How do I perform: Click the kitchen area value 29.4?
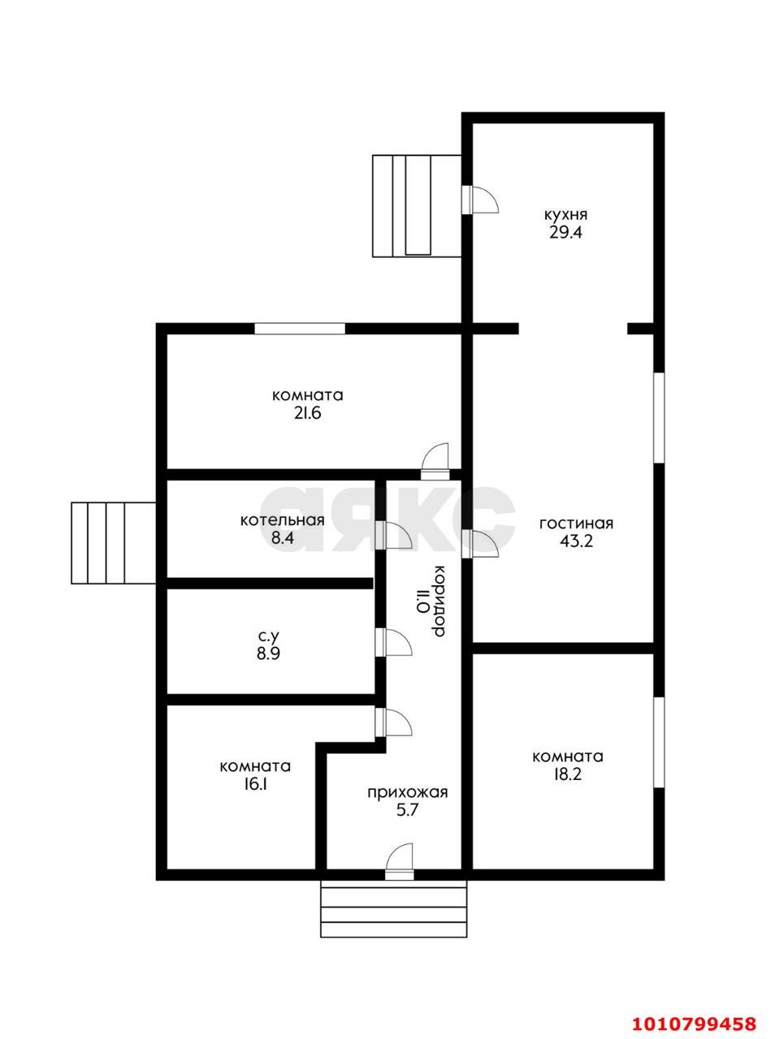[x=565, y=232]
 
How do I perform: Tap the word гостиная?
[x=576, y=524]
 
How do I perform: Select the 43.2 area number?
[x=576, y=541]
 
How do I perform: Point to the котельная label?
[x=283, y=520]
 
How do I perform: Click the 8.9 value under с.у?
[x=269, y=653]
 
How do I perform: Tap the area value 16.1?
[x=255, y=784]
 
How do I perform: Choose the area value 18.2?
[x=567, y=774]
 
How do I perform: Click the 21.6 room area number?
[x=307, y=413]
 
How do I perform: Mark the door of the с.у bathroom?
[x=393, y=642]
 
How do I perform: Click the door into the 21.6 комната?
[x=435, y=461]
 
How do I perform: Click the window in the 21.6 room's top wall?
[x=300, y=329]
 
